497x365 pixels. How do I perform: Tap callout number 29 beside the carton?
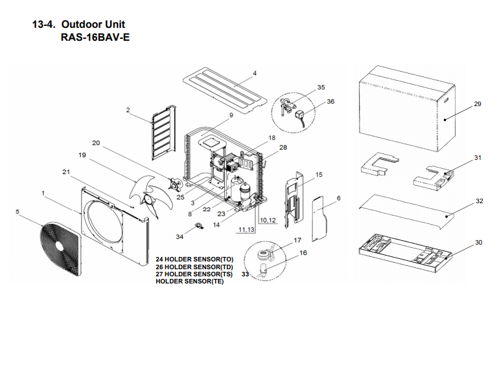coord(478,104)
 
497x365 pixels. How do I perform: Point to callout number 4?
coord(255,73)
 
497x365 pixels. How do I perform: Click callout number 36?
coord(330,101)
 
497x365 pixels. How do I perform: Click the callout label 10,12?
coord(268,221)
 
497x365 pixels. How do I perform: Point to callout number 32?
coord(480,201)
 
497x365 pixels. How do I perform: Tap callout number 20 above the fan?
coord(96,143)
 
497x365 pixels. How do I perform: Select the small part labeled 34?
coord(200,226)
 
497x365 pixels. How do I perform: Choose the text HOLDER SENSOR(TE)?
coord(190,282)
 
